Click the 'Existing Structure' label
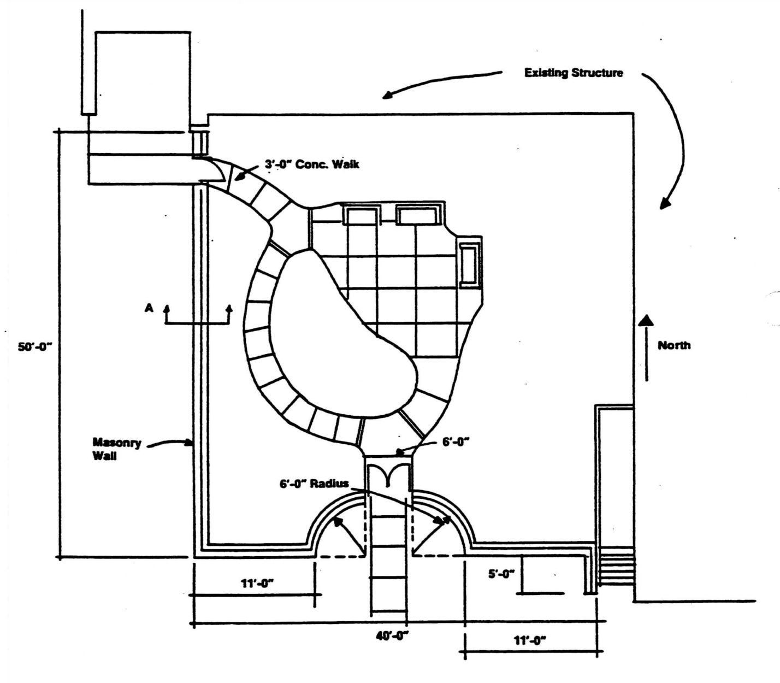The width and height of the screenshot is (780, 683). coord(573,73)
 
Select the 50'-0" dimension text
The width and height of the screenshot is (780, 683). coord(34,347)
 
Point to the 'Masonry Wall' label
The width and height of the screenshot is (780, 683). coord(116,449)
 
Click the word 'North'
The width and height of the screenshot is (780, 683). coord(673,345)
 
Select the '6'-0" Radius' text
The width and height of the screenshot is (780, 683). coord(314,484)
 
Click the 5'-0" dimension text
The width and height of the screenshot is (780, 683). coord(501,574)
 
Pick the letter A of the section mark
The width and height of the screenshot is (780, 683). coord(149,308)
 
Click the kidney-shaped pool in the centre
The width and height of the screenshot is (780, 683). coord(339,339)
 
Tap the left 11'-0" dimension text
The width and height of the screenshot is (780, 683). coord(257,583)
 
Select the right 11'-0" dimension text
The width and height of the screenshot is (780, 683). coord(530,640)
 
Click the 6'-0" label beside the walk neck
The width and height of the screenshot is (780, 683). coord(456,442)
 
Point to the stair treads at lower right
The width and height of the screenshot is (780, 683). coord(616,568)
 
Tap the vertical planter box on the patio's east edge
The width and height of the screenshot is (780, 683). coord(469,264)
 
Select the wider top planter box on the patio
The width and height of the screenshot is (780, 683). coord(418,215)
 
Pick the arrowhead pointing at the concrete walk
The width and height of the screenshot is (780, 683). coord(239,176)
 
